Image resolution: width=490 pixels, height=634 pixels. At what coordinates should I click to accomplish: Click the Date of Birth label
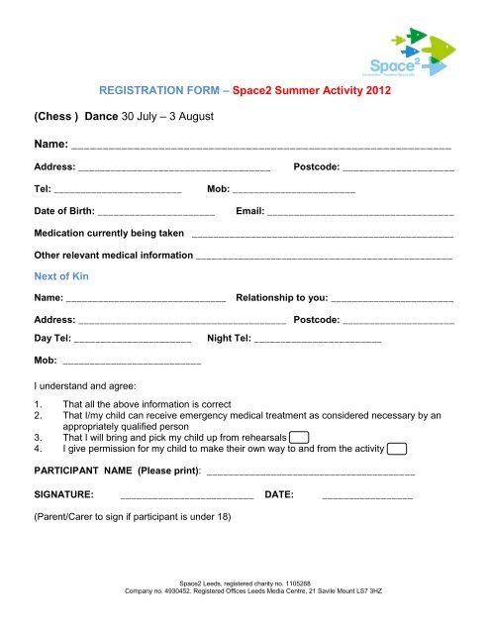[64, 211]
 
